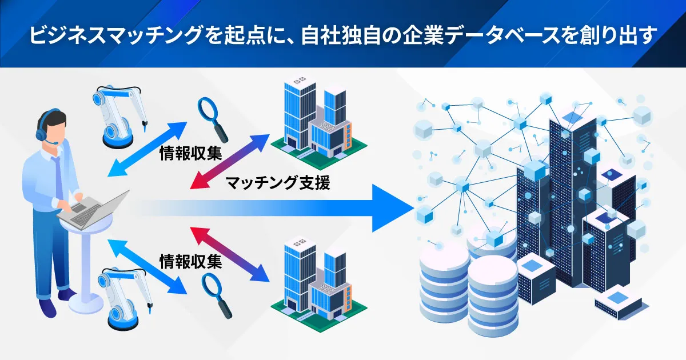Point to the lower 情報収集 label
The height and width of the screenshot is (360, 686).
[189, 262]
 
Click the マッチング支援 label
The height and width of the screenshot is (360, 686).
[278, 183]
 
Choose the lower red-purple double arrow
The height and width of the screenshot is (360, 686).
[229, 254]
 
